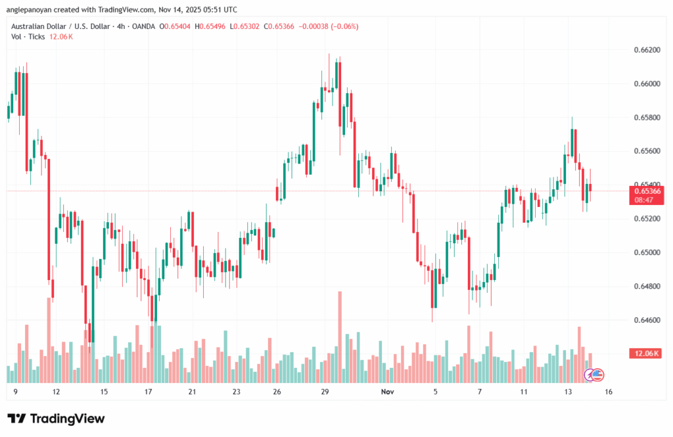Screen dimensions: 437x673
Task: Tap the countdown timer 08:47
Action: [644, 199]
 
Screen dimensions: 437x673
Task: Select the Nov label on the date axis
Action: [388, 392]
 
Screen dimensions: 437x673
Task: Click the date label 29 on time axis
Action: [325, 392]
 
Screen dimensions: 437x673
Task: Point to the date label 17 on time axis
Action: [148, 392]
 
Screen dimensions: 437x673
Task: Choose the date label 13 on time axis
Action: [567, 392]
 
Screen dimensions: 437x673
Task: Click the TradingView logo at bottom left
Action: [56, 419]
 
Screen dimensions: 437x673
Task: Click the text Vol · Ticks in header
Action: [28, 37]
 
